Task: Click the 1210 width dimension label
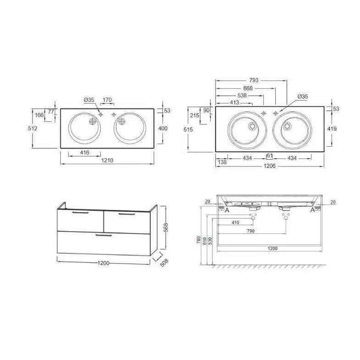[x=107, y=160]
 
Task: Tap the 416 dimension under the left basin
[x=85, y=152]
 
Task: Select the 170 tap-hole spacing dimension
[x=107, y=100]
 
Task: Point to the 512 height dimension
[x=33, y=128]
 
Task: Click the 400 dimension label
[x=163, y=128]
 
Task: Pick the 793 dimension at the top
[x=254, y=80]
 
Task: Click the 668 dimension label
[x=248, y=88]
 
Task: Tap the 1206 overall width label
[x=270, y=166]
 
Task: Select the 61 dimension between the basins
[x=270, y=156]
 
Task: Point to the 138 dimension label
[x=222, y=162]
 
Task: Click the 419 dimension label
[x=332, y=128]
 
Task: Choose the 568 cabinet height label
[x=166, y=227]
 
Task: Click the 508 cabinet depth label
[x=164, y=263]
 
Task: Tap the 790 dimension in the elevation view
[x=251, y=231]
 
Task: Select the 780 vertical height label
[x=199, y=240]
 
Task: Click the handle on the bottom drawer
[x=104, y=235]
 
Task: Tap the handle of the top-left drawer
[x=80, y=213]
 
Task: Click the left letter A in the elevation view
[x=227, y=210]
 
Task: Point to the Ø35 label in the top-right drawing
[x=303, y=97]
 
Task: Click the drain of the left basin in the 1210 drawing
[x=93, y=122]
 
